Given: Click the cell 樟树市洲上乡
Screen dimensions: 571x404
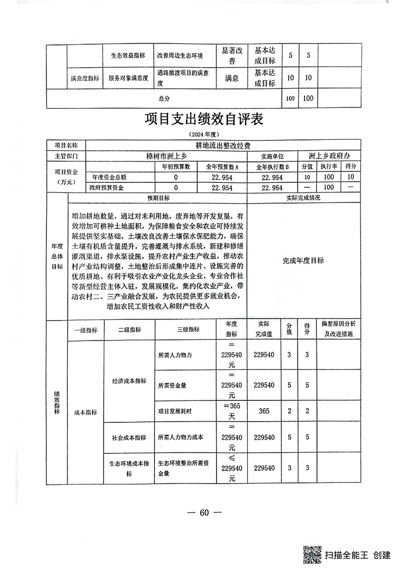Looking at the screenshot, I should click(167, 156).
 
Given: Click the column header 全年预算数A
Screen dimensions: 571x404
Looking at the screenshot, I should click(222, 166).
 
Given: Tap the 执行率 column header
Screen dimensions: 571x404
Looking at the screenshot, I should click(328, 166).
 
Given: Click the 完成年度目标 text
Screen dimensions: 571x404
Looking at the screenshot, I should click(303, 260).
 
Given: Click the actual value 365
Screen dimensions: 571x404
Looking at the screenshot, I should click(264, 411).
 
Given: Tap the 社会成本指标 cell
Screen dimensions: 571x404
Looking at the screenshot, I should click(129, 437).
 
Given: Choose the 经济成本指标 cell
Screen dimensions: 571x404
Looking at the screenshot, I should click(129, 381).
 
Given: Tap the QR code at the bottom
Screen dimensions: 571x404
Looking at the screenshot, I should click(312, 554).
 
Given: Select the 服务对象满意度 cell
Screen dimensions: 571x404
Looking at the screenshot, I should click(128, 78).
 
